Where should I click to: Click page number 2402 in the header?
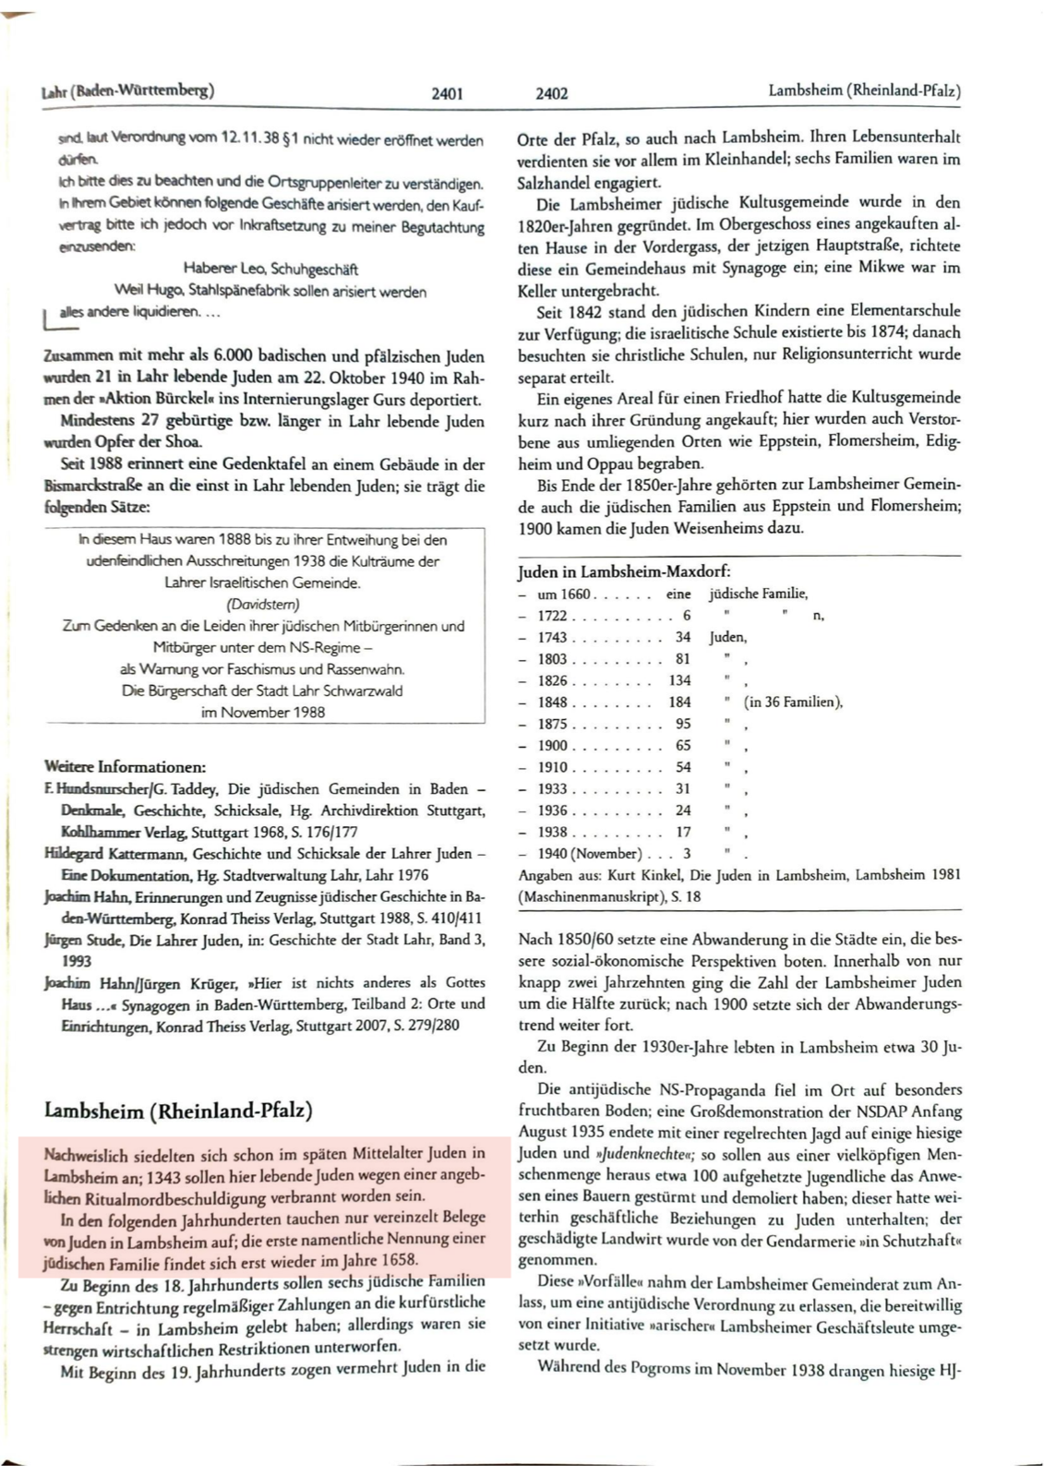(552, 93)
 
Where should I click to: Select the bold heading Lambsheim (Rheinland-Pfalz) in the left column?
(178, 1109)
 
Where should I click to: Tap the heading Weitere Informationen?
(125, 766)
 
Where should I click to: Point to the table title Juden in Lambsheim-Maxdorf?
(624, 571)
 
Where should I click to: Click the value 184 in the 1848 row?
(679, 702)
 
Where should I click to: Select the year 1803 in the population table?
(554, 659)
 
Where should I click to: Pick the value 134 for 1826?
(679, 680)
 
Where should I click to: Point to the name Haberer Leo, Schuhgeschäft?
(270, 270)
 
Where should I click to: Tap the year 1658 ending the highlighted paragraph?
(398, 1259)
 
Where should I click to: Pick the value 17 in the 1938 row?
(683, 832)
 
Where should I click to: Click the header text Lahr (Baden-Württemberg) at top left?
(128, 91)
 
